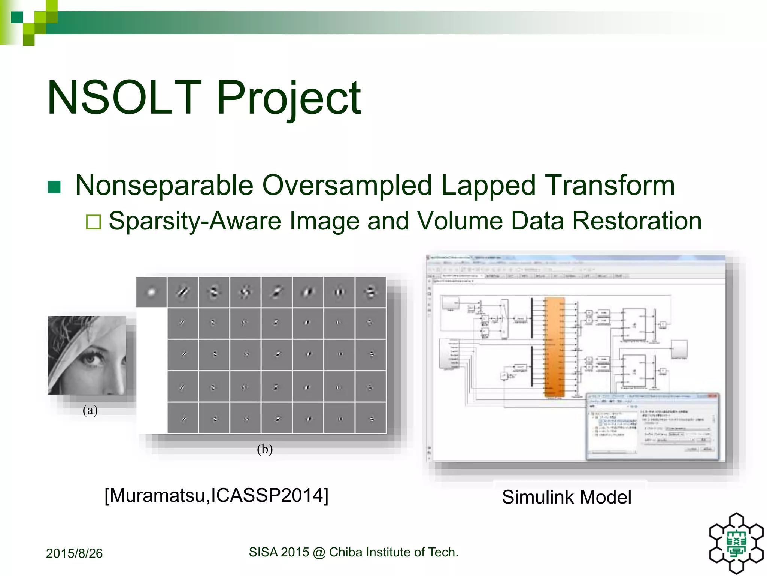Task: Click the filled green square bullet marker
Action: (54, 187)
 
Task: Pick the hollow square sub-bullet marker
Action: (93, 222)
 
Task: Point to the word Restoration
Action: (637, 221)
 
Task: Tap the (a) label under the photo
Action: (90, 410)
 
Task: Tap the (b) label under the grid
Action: (265, 448)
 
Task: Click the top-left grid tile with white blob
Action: (151, 292)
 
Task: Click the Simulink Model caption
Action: (566, 497)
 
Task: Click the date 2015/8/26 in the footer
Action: (74, 553)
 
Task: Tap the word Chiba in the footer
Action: (345, 552)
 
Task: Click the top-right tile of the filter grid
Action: (370, 292)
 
